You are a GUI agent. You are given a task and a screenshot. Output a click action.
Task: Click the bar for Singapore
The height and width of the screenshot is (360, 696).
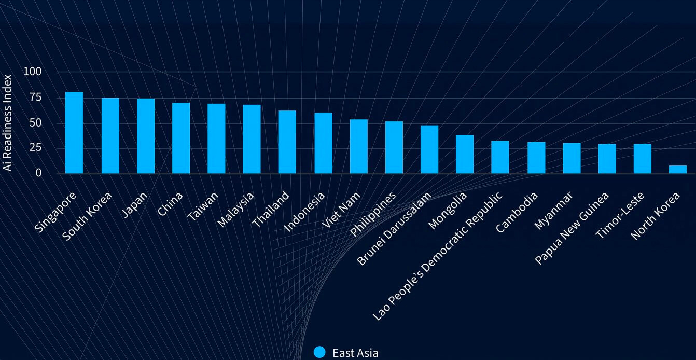pyautogui.click(x=74, y=133)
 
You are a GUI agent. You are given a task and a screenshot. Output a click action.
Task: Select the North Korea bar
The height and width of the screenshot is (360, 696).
pyautogui.click(x=677, y=170)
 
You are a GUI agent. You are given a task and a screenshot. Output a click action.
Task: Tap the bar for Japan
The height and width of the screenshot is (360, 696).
pyautogui.click(x=146, y=136)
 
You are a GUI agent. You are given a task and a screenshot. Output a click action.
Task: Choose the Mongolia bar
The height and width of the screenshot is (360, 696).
pyautogui.click(x=465, y=154)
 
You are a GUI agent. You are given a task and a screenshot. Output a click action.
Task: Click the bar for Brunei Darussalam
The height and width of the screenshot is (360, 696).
pyautogui.click(x=429, y=149)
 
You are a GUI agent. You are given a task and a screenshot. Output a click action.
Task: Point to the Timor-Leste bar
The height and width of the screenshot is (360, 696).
pyautogui.click(x=642, y=159)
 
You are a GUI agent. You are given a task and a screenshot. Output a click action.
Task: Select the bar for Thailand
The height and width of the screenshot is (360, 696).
pyautogui.click(x=287, y=142)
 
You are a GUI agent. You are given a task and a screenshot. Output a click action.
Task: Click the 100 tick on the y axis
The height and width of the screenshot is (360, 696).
pyautogui.click(x=32, y=72)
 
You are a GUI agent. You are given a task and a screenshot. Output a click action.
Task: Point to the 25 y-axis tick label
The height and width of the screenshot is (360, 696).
pyautogui.click(x=35, y=148)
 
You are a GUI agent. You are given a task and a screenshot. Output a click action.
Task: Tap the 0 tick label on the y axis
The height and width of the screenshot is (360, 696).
pyautogui.click(x=38, y=173)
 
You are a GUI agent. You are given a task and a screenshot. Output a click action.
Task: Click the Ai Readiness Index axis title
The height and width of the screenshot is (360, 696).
pyautogui.click(x=8, y=122)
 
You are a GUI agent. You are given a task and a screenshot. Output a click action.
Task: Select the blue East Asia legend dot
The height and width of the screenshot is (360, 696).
pyautogui.click(x=320, y=352)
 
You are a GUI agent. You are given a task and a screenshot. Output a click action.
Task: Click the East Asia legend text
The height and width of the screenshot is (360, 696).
pyautogui.click(x=355, y=353)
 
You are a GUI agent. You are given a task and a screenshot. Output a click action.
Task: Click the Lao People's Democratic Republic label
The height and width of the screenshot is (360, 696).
pyautogui.click(x=438, y=256)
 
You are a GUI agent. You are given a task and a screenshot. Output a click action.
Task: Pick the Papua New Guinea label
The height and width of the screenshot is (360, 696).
pyautogui.click(x=572, y=228)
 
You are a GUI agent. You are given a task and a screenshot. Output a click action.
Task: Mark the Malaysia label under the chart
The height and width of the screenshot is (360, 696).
pyautogui.click(x=235, y=210)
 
